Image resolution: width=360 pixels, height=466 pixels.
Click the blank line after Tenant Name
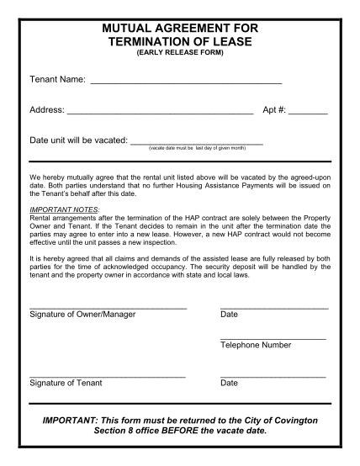point(185,82)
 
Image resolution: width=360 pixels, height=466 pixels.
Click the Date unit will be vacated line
point(198,143)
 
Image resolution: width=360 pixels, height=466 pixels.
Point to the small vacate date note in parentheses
point(197,148)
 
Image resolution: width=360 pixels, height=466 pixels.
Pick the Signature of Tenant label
point(66,384)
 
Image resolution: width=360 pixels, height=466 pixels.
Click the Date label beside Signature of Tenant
point(229,384)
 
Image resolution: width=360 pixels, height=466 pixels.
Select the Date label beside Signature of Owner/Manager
point(229,315)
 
